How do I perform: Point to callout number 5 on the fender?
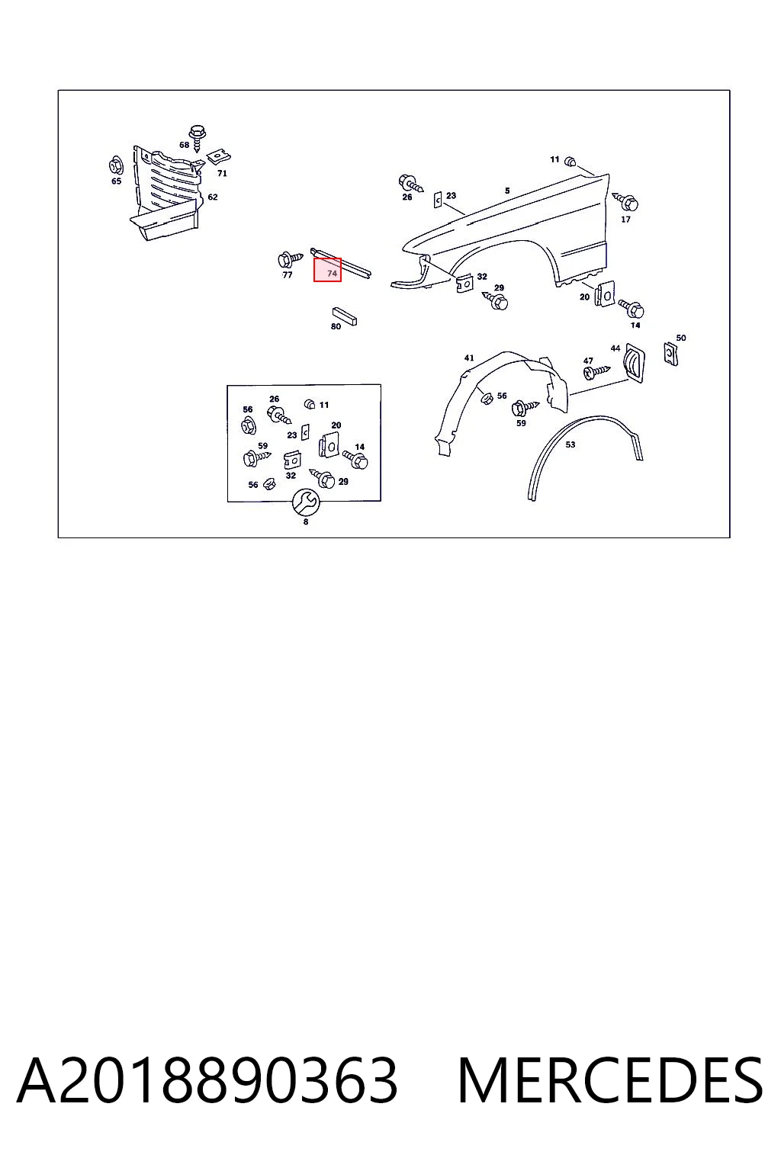[507, 191]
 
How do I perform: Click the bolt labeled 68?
[198, 138]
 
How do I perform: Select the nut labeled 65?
[116, 166]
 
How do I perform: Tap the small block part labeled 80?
[344, 316]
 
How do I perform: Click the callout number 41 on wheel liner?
[469, 358]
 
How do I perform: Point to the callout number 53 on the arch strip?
[570, 444]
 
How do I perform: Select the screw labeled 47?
[596, 372]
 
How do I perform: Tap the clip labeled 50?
[670, 354]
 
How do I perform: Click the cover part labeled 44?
[634, 363]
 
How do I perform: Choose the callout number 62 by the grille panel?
[212, 197]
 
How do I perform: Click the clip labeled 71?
[219, 156]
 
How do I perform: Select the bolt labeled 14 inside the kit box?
[355, 460]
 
